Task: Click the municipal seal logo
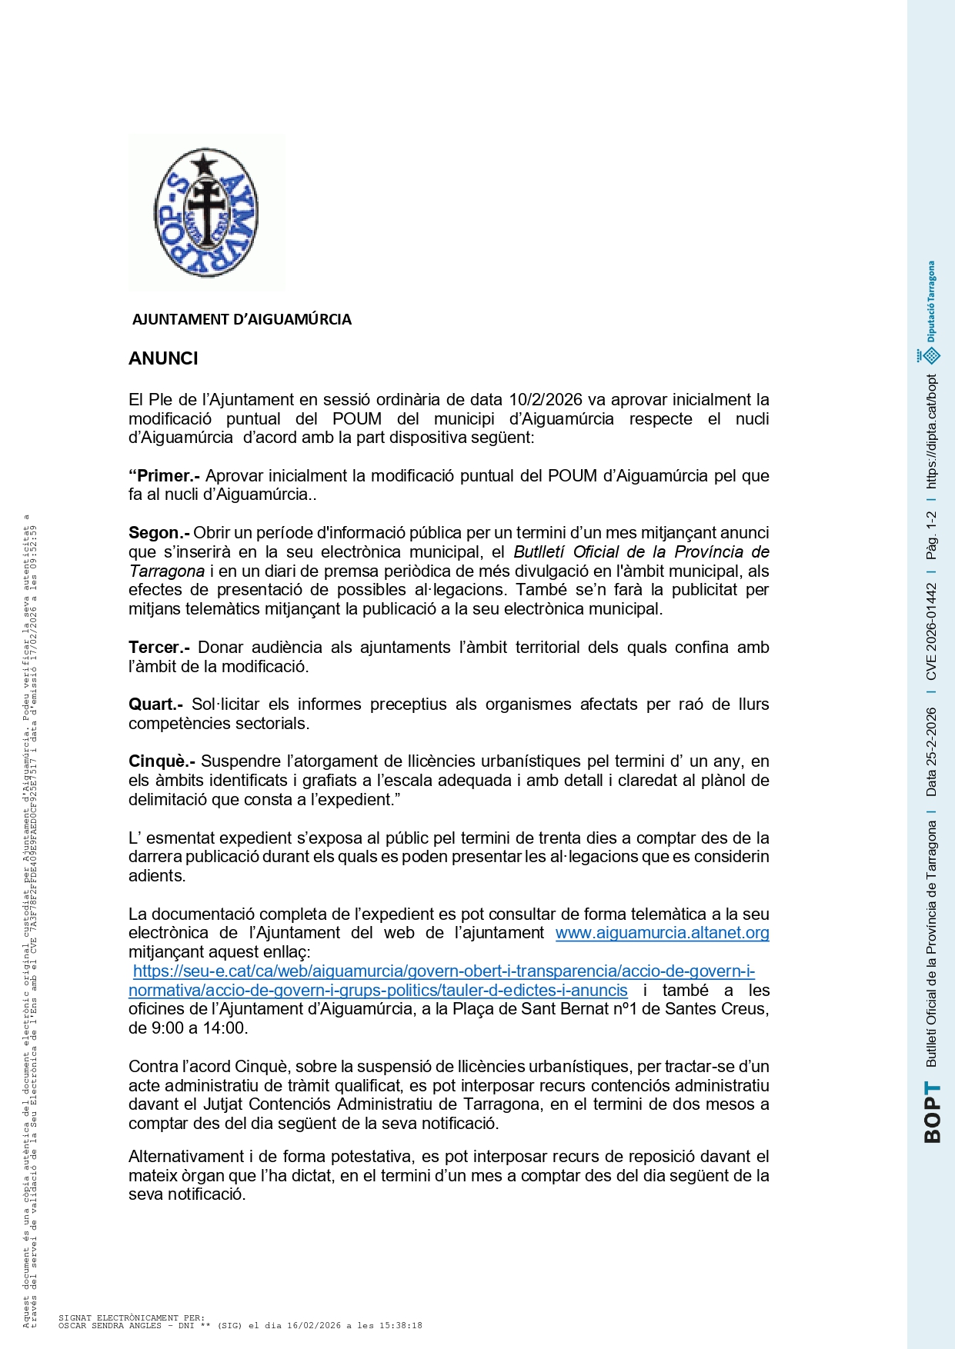206,213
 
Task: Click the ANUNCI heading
163,358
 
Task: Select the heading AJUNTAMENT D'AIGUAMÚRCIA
242,319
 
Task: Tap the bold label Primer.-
164,476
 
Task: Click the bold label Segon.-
159,533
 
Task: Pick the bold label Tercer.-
159,648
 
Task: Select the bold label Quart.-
155,704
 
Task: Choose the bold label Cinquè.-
162,761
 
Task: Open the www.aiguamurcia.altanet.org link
662,933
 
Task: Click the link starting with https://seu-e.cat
443,971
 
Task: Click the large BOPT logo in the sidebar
932,1113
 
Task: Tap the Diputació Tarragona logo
930,311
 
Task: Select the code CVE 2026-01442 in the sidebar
932,631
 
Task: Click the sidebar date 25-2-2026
932,752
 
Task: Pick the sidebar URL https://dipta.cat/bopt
932,431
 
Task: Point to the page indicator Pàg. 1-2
932,535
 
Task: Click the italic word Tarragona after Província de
166,571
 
